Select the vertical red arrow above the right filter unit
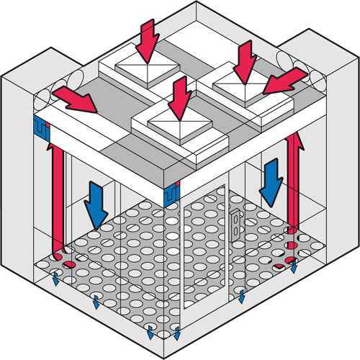[246, 58]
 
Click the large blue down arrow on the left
[95, 204]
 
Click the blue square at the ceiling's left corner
[41, 127]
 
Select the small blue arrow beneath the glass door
[242, 296]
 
